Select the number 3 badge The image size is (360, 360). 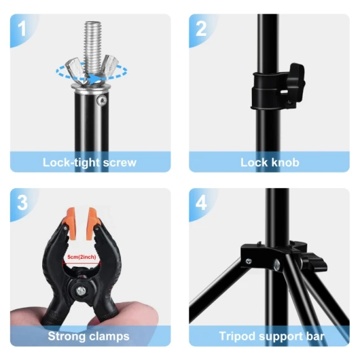(x=23, y=203)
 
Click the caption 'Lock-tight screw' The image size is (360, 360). (x=89, y=163)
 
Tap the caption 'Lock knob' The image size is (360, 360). (x=269, y=163)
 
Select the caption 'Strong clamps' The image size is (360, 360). (x=89, y=336)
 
